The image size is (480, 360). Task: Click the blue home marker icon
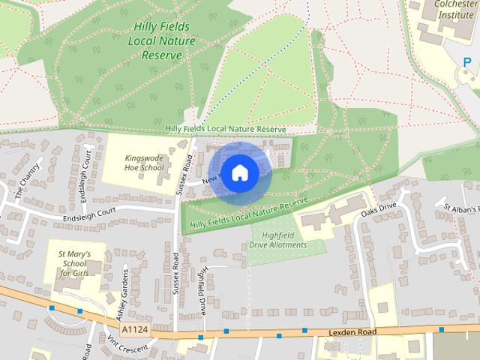pyautogui.click(x=239, y=172)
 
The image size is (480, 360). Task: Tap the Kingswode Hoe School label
pyautogui.click(x=144, y=163)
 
